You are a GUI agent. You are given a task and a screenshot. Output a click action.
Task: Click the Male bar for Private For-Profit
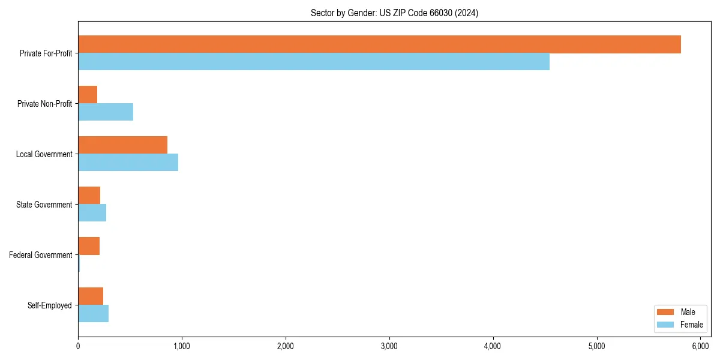pyautogui.click(x=379, y=44)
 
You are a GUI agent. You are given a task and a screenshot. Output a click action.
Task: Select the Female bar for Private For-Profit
pyautogui.click(x=314, y=62)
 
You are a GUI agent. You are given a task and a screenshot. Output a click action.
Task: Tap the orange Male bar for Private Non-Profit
pyautogui.click(x=88, y=95)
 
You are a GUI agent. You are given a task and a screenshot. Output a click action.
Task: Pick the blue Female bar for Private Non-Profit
pyautogui.click(x=106, y=112)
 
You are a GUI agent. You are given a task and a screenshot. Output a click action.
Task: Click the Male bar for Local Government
pyautogui.click(x=122, y=145)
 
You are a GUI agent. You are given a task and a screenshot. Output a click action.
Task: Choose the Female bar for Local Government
pyautogui.click(x=128, y=163)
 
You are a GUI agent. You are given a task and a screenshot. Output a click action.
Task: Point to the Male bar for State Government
pyautogui.click(x=89, y=196)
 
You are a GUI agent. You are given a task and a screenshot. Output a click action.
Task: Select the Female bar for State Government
pyautogui.click(x=92, y=213)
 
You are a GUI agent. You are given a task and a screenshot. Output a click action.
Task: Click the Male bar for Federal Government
pyautogui.click(x=89, y=246)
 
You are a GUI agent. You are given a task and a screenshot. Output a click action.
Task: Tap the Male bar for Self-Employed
pyautogui.click(x=91, y=296)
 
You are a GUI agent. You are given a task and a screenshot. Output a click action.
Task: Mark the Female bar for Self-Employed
pyautogui.click(x=93, y=314)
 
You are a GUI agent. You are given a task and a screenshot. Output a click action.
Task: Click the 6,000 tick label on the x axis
pyautogui.click(x=700, y=346)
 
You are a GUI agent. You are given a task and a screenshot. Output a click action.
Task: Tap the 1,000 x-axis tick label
pyautogui.click(x=182, y=346)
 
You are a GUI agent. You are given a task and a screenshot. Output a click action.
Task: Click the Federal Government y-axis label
pyautogui.click(x=41, y=255)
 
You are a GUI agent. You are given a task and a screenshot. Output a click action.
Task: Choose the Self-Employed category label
pyautogui.click(x=50, y=305)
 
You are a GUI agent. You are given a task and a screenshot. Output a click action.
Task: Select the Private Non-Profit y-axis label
pyautogui.click(x=45, y=104)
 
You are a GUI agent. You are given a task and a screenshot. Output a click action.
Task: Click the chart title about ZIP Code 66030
pyautogui.click(x=394, y=13)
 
